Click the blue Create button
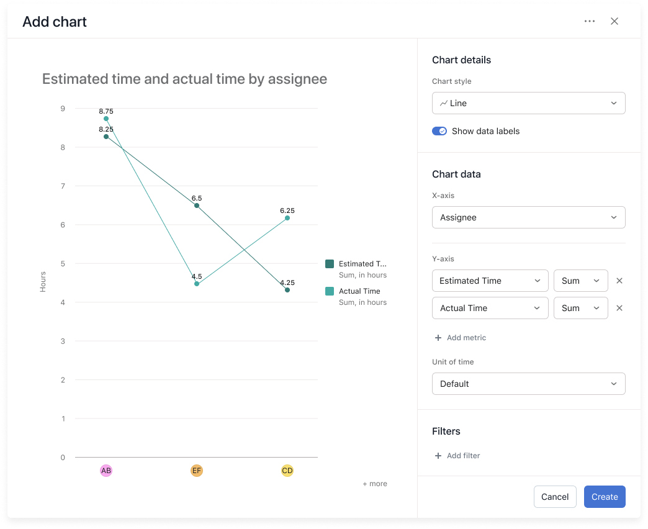604,497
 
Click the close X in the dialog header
614,22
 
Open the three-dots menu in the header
590,22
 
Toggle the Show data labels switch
439,131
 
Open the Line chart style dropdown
528,103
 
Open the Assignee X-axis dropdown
528,217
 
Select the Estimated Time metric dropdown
490,281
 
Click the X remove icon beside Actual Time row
619,308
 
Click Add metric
460,338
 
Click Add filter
457,456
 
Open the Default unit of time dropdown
528,384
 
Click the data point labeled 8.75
106,119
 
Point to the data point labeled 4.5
197,284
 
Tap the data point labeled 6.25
287,218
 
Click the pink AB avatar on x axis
106,471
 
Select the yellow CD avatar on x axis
287,471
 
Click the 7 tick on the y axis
63,186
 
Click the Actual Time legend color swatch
330,291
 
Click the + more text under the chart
374,484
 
